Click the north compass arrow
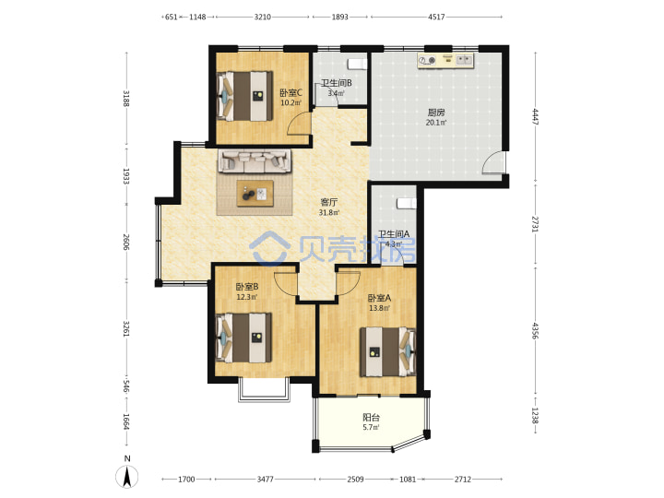[x=127, y=477]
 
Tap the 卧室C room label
[x=290, y=92]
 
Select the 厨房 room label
[x=435, y=113]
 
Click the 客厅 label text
[x=328, y=202]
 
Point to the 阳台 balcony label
[x=371, y=417]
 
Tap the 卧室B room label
[x=247, y=287]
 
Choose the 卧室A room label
[x=379, y=298]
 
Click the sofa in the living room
[x=255, y=160]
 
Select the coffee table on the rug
[x=255, y=194]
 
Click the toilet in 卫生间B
[x=357, y=64]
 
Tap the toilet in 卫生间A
[x=407, y=204]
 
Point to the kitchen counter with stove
[x=445, y=61]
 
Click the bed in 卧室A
[x=388, y=351]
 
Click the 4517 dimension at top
[x=436, y=17]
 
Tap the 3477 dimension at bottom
[x=265, y=479]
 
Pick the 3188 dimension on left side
[x=126, y=99]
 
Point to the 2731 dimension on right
[x=535, y=223]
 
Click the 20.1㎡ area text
[x=435, y=123]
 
